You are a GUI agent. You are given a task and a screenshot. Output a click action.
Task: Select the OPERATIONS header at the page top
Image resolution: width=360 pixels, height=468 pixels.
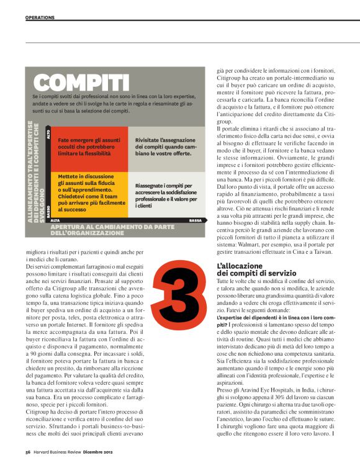click(x=40, y=17)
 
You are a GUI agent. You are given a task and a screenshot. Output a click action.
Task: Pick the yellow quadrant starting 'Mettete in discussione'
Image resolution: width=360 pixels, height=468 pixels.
click(x=89, y=193)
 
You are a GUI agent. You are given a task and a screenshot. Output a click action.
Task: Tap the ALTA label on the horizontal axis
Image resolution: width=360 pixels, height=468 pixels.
click(x=55, y=220)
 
